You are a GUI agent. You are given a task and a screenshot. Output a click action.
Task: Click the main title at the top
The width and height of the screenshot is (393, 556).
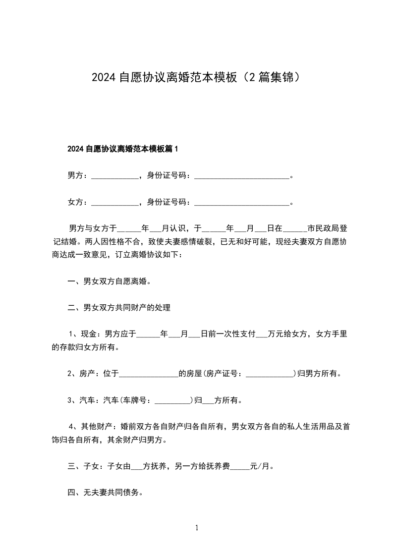(196, 77)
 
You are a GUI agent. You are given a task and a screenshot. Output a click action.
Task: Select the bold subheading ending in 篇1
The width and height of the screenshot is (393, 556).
(122, 149)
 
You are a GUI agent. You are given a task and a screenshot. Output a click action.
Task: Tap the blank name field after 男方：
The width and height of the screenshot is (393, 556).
(115, 176)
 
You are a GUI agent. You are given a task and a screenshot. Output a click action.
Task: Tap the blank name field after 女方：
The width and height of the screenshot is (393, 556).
(115, 203)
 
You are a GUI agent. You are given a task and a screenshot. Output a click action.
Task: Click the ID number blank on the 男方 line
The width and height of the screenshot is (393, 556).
(241, 176)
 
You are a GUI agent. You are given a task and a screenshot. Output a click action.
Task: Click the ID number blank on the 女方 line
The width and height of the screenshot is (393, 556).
(241, 203)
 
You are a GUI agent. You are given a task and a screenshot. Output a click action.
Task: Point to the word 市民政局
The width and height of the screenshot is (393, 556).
(323, 229)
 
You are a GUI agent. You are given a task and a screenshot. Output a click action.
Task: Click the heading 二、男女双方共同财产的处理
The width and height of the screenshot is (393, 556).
(119, 308)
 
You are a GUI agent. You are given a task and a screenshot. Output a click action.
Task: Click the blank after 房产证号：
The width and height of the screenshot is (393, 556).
(270, 374)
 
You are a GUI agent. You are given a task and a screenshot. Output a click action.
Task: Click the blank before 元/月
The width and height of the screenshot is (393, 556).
(240, 467)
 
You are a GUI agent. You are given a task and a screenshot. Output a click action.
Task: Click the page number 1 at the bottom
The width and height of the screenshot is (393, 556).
(197, 528)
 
